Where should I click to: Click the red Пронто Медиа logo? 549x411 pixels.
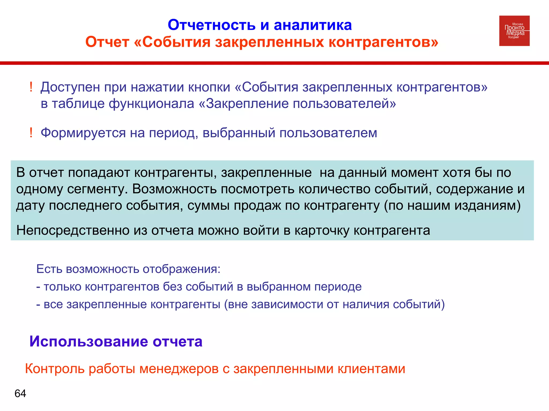point(514,31)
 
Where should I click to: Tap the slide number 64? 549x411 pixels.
point(20,394)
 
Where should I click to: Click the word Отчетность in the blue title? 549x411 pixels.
point(212,25)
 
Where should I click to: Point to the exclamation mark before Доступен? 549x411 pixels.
point(31,87)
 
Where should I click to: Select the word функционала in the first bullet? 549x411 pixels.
point(151,104)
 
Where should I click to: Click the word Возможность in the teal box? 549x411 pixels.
point(175,189)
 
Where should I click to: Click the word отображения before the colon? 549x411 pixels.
point(181,269)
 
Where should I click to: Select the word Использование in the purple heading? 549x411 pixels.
point(89,341)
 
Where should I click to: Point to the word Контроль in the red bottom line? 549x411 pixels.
point(55,369)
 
